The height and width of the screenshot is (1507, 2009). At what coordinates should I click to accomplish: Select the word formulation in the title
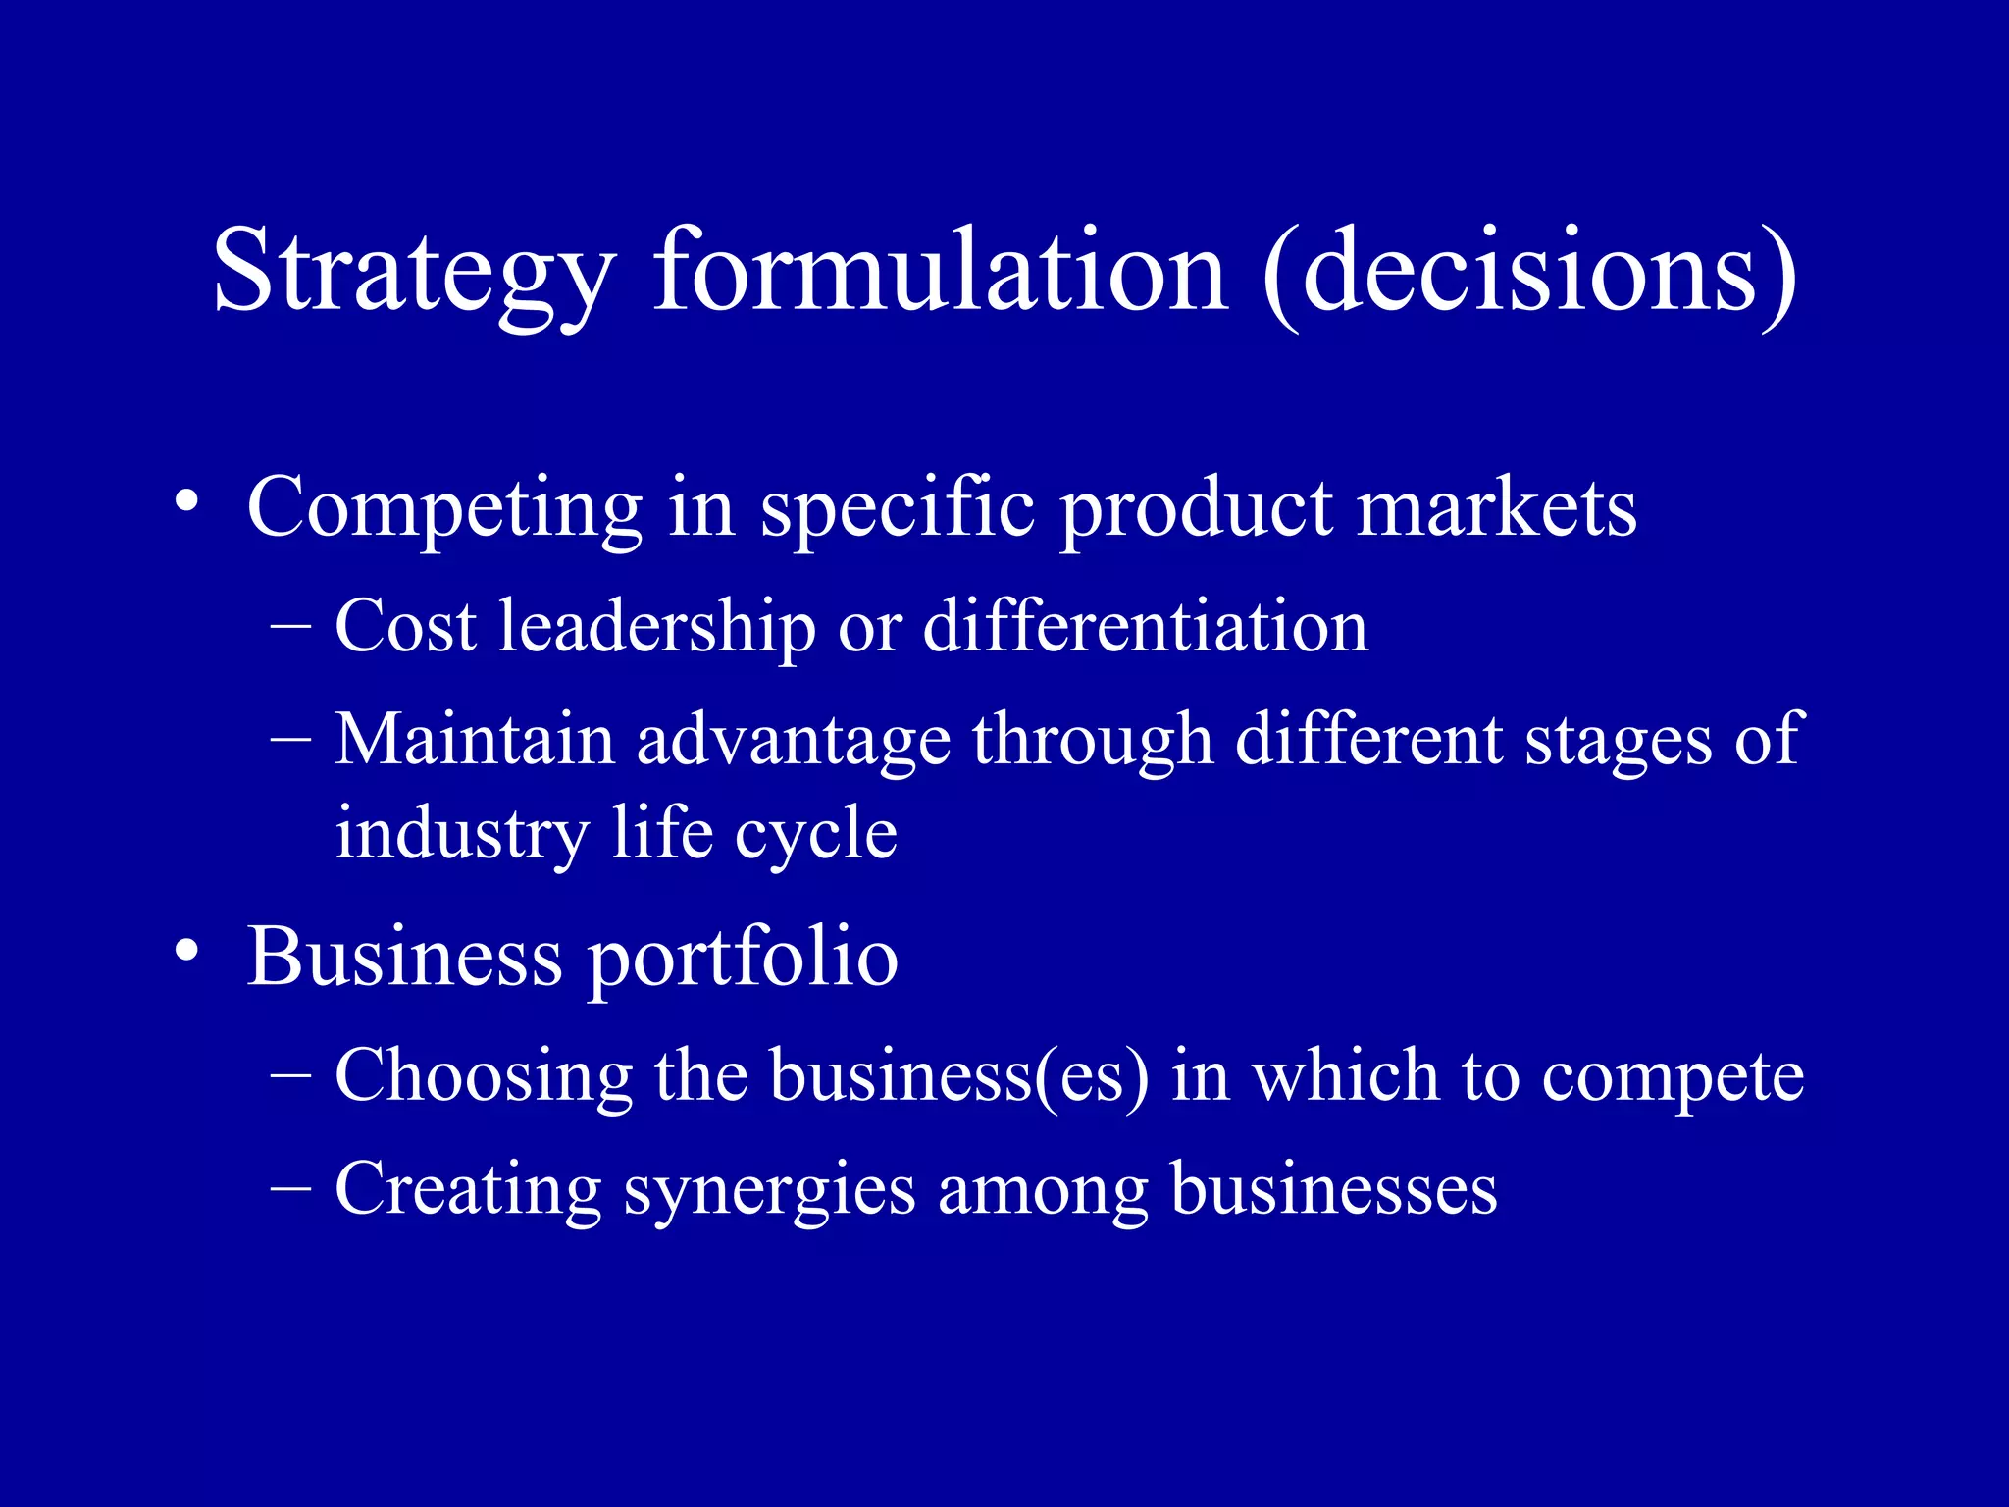(x=940, y=269)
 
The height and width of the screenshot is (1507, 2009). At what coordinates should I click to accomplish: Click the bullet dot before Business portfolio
(x=187, y=954)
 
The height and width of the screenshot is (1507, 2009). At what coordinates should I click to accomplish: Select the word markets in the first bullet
(x=1496, y=508)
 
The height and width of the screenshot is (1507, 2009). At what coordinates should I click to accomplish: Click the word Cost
(x=405, y=626)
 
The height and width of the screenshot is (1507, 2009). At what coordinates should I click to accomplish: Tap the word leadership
(x=656, y=626)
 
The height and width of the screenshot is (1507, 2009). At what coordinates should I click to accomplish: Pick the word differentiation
(x=1145, y=626)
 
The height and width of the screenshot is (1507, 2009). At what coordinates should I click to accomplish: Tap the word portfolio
(x=742, y=959)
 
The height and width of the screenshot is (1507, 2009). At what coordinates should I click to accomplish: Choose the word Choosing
(x=483, y=1077)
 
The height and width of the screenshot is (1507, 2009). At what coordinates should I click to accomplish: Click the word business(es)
(x=959, y=1077)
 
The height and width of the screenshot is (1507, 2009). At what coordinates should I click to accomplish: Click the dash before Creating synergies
(x=290, y=1187)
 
